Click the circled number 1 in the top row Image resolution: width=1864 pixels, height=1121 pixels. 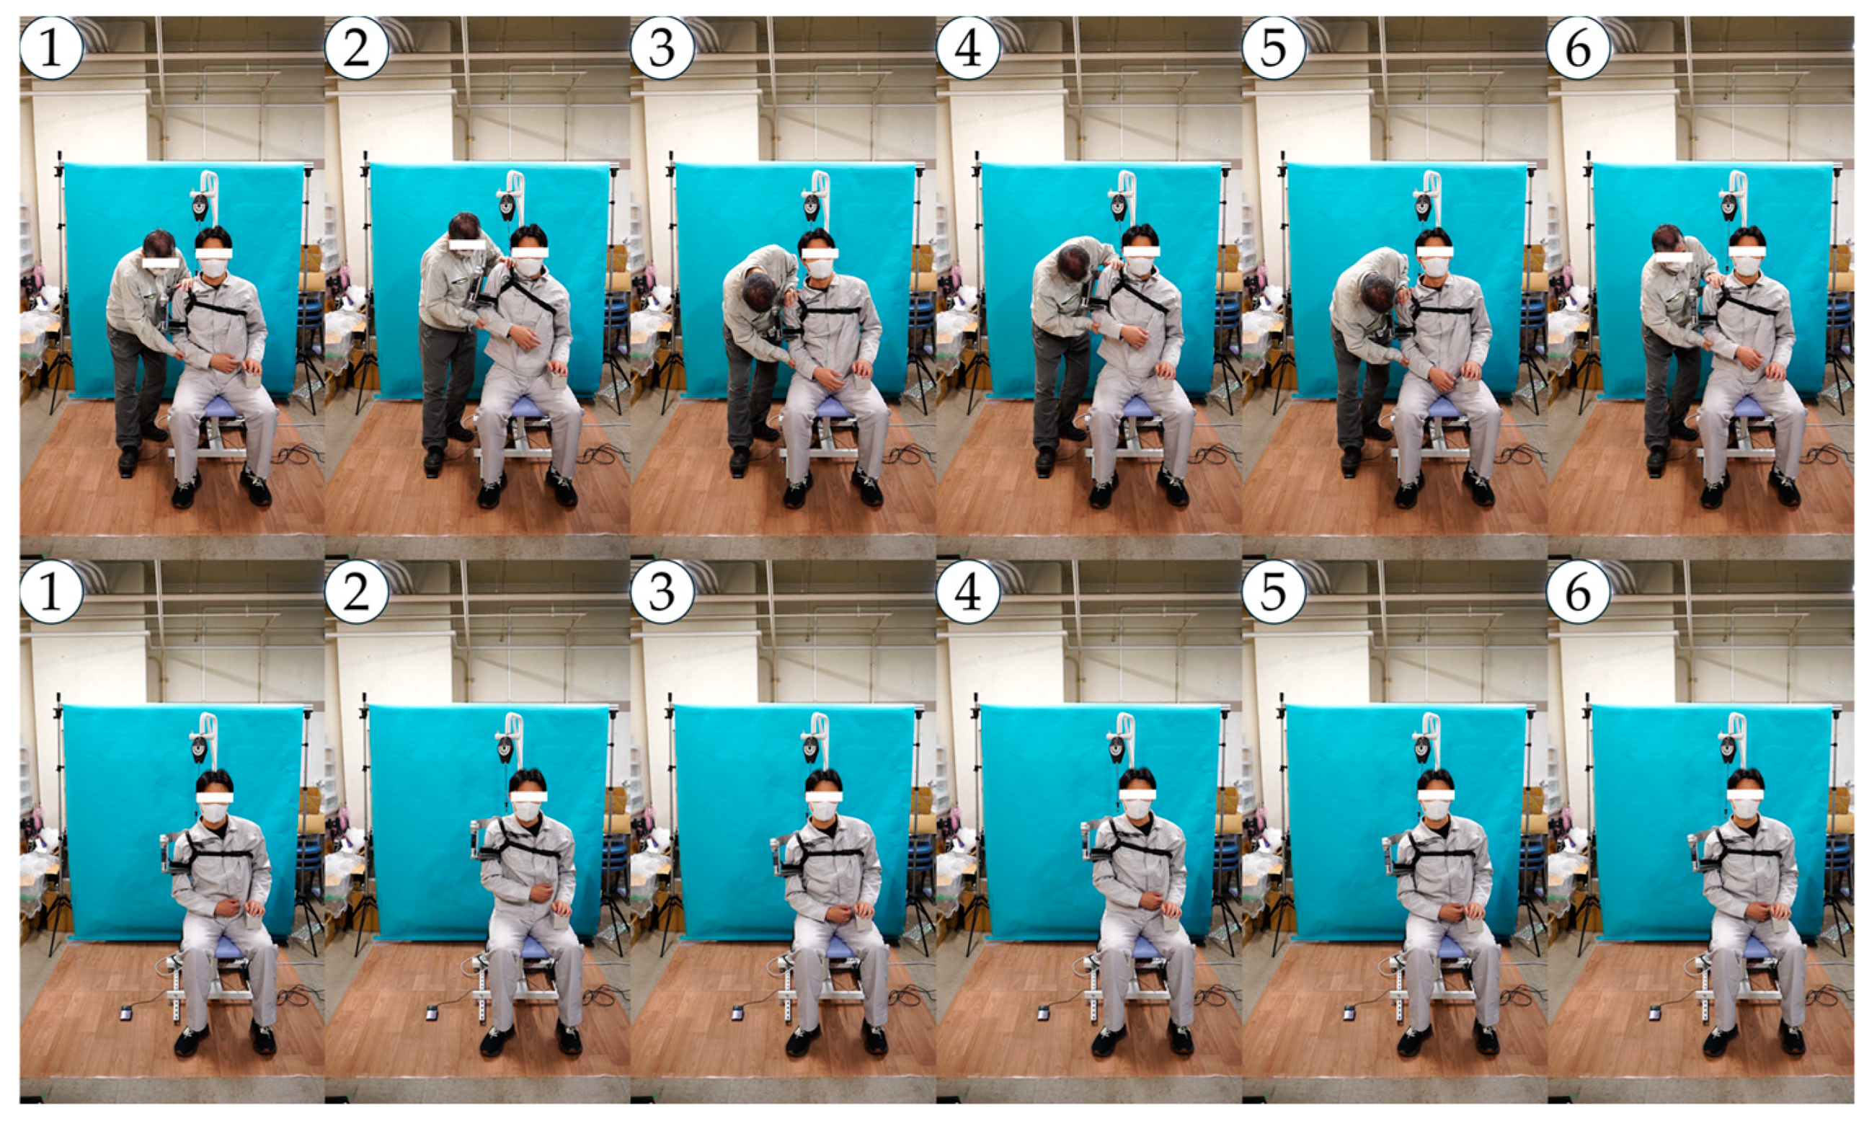[x=50, y=48]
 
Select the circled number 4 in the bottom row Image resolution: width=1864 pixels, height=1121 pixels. [x=967, y=591]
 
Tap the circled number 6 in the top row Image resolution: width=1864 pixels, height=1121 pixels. [x=1578, y=48]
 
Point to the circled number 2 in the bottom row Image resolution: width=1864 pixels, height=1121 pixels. [x=357, y=591]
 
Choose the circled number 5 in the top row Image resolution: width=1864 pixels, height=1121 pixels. [x=1273, y=48]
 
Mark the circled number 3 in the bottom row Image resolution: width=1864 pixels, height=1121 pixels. [x=662, y=591]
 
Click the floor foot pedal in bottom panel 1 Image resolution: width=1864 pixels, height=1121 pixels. [x=125, y=1013]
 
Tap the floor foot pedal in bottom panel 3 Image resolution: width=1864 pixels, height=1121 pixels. [x=737, y=1013]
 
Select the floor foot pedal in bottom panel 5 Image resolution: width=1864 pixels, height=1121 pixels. [x=1349, y=1013]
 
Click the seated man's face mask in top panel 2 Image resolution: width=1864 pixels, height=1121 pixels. [x=528, y=266]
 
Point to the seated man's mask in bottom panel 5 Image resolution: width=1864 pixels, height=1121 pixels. [x=1434, y=810]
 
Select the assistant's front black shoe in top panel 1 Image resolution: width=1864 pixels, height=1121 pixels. [x=128, y=460]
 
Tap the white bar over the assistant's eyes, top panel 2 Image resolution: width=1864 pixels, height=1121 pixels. [x=467, y=244]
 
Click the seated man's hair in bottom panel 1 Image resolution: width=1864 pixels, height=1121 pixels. [x=215, y=780]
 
